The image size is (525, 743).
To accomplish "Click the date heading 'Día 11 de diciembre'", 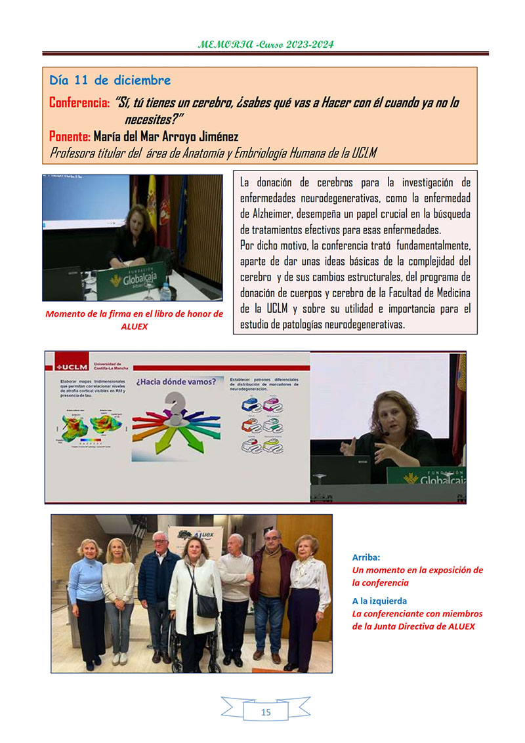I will point(110,81).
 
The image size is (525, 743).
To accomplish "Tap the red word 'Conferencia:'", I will point(79,103).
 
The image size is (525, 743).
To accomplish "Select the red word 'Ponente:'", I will point(70,136).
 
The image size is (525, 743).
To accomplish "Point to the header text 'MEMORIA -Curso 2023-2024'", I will point(266,45).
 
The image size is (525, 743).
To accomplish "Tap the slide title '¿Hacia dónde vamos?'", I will point(175,381).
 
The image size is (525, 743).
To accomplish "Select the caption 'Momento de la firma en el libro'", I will point(134,313).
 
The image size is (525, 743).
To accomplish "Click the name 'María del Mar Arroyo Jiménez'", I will point(165,136).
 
